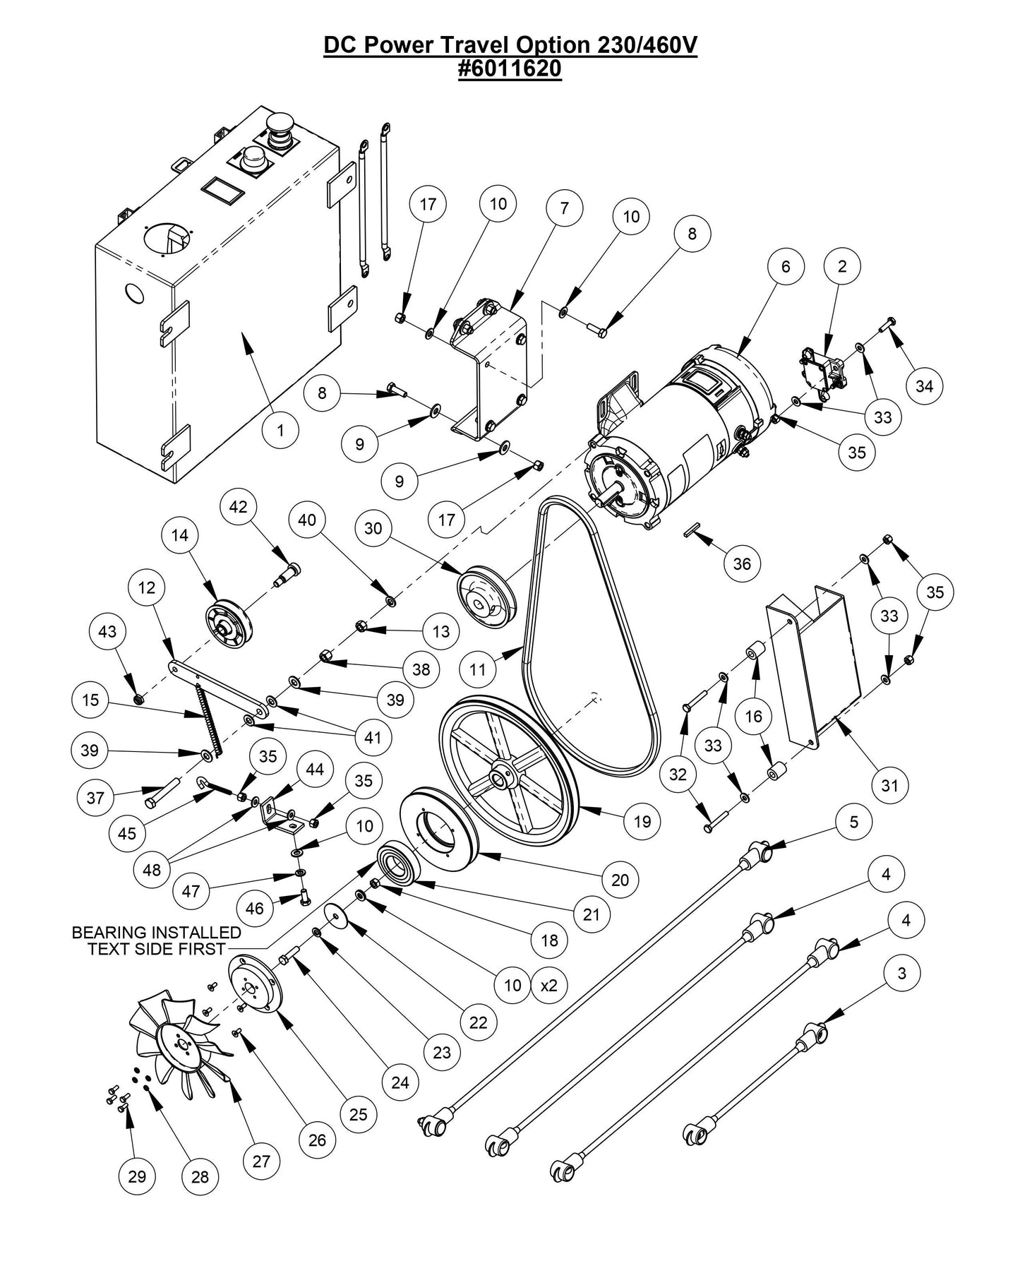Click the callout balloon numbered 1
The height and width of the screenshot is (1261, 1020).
(x=280, y=429)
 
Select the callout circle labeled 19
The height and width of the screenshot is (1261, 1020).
(x=642, y=820)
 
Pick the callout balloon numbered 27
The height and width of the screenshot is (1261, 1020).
(x=261, y=1161)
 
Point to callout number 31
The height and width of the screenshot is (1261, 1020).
(x=889, y=784)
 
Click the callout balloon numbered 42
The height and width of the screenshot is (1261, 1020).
(x=239, y=507)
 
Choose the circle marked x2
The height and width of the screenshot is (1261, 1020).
(x=548, y=984)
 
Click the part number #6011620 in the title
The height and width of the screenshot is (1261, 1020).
(x=510, y=69)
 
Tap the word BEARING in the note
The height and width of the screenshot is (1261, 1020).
(x=112, y=933)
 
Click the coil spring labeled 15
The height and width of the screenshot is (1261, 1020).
(x=209, y=718)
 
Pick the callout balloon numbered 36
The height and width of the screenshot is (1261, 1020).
(x=742, y=563)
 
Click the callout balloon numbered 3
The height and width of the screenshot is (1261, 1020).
(x=901, y=973)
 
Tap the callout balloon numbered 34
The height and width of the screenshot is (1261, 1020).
(x=924, y=386)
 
